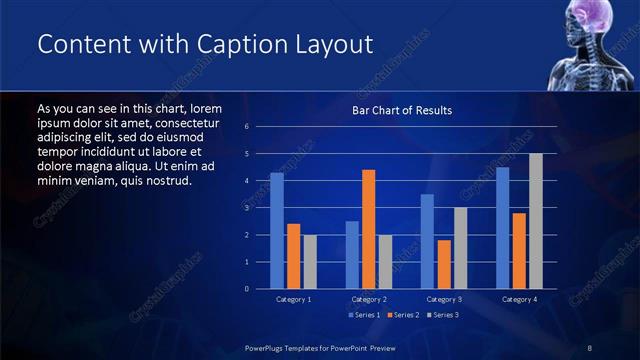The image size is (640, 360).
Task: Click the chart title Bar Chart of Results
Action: click(401, 110)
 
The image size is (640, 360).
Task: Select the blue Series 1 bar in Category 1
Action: click(277, 231)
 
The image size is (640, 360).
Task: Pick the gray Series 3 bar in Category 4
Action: click(536, 221)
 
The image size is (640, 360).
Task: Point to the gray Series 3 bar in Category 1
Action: click(310, 262)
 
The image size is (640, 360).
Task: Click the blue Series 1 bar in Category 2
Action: click(352, 255)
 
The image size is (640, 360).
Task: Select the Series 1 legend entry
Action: click(364, 315)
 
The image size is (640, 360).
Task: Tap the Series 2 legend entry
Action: click(402, 315)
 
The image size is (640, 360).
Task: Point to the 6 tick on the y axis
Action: click(246, 127)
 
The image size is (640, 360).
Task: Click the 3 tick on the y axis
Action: click(246, 208)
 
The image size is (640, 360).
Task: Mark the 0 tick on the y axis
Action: click(246, 289)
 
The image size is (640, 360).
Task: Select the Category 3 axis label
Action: click(444, 299)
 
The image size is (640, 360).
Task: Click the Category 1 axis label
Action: click(294, 299)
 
